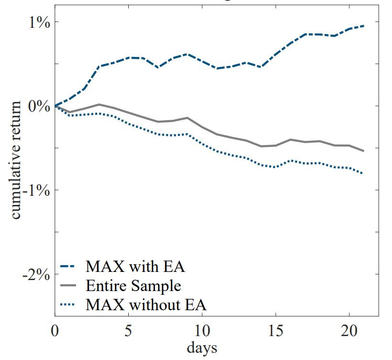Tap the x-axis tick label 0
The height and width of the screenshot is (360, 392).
tap(55, 332)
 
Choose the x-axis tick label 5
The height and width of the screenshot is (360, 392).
tap(128, 332)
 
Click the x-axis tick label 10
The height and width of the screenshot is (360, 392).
tap(202, 332)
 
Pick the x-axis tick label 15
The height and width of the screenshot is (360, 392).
tap(275, 332)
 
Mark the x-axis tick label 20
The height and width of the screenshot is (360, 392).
tap(349, 332)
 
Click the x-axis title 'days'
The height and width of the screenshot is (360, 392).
tap(202, 348)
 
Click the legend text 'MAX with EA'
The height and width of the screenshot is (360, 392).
tap(135, 266)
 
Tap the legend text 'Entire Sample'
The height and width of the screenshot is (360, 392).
tap(133, 286)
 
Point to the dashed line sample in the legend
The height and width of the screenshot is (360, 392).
tap(69, 267)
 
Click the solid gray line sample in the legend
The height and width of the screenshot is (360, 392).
tap(69, 286)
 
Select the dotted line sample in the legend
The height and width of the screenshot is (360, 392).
tap(69, 304)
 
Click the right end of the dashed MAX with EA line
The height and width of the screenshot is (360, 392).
tap(364, 26)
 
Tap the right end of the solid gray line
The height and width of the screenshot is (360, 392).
tap(364, 151)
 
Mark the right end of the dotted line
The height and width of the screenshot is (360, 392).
tap(364, 173)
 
